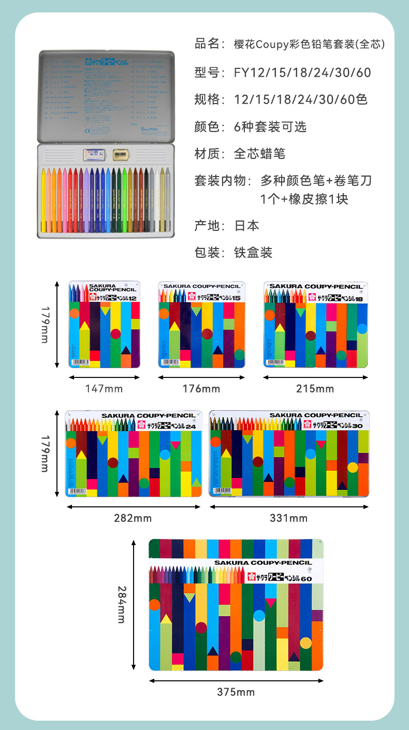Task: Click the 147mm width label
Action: [104, 389]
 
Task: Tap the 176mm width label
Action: [201, 389]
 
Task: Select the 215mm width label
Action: [315, 389]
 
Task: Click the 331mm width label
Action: [289, 518]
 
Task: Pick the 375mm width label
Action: [236, 692]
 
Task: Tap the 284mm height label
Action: [121, 604]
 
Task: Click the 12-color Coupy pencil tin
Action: [105, 325]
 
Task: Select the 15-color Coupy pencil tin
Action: [201, 325]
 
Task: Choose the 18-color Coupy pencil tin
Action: [315, 325]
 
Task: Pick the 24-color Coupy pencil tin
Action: [134, 454]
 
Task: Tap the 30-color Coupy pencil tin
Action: [289, 454]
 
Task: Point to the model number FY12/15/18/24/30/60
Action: [302, 72]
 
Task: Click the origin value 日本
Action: [247, 226]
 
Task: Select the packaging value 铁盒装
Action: [253, 253]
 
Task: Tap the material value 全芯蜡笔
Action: [259, 154]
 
